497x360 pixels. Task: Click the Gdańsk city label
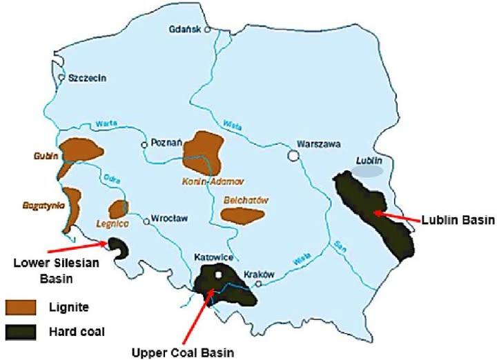click(186, 30)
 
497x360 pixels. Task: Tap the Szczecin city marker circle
click(61, 78)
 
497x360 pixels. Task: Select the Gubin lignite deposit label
click(44, 157)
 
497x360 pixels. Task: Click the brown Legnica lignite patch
click(119, 208)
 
